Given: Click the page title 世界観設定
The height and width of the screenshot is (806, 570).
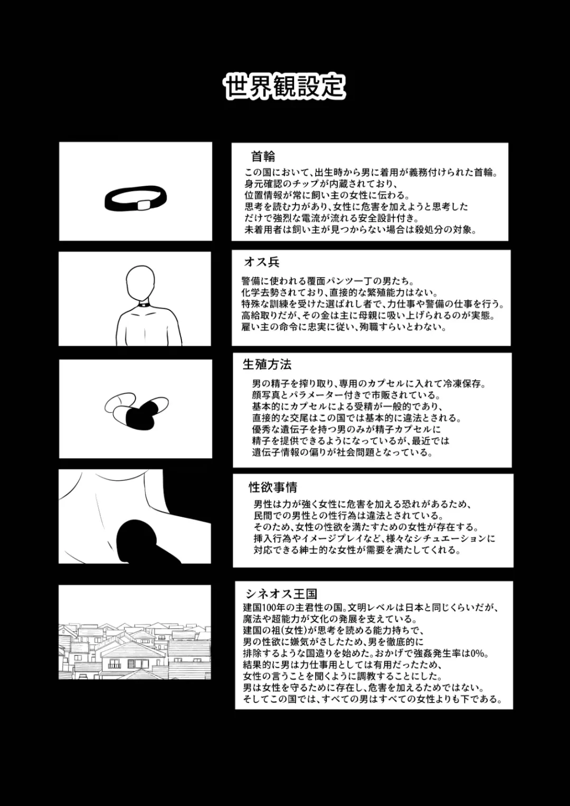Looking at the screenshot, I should click(x=284, y=86).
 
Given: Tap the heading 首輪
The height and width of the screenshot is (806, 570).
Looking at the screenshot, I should click(x=263, y=156).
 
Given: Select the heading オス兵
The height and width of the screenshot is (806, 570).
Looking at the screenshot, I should click(x=261, y=262).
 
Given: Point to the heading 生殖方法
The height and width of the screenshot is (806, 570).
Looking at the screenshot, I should click(x=267, y=364).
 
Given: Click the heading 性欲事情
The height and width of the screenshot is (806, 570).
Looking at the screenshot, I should click(x=273, y=487).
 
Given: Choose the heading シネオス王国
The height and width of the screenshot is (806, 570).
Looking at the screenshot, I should click(x=281, y=594).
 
